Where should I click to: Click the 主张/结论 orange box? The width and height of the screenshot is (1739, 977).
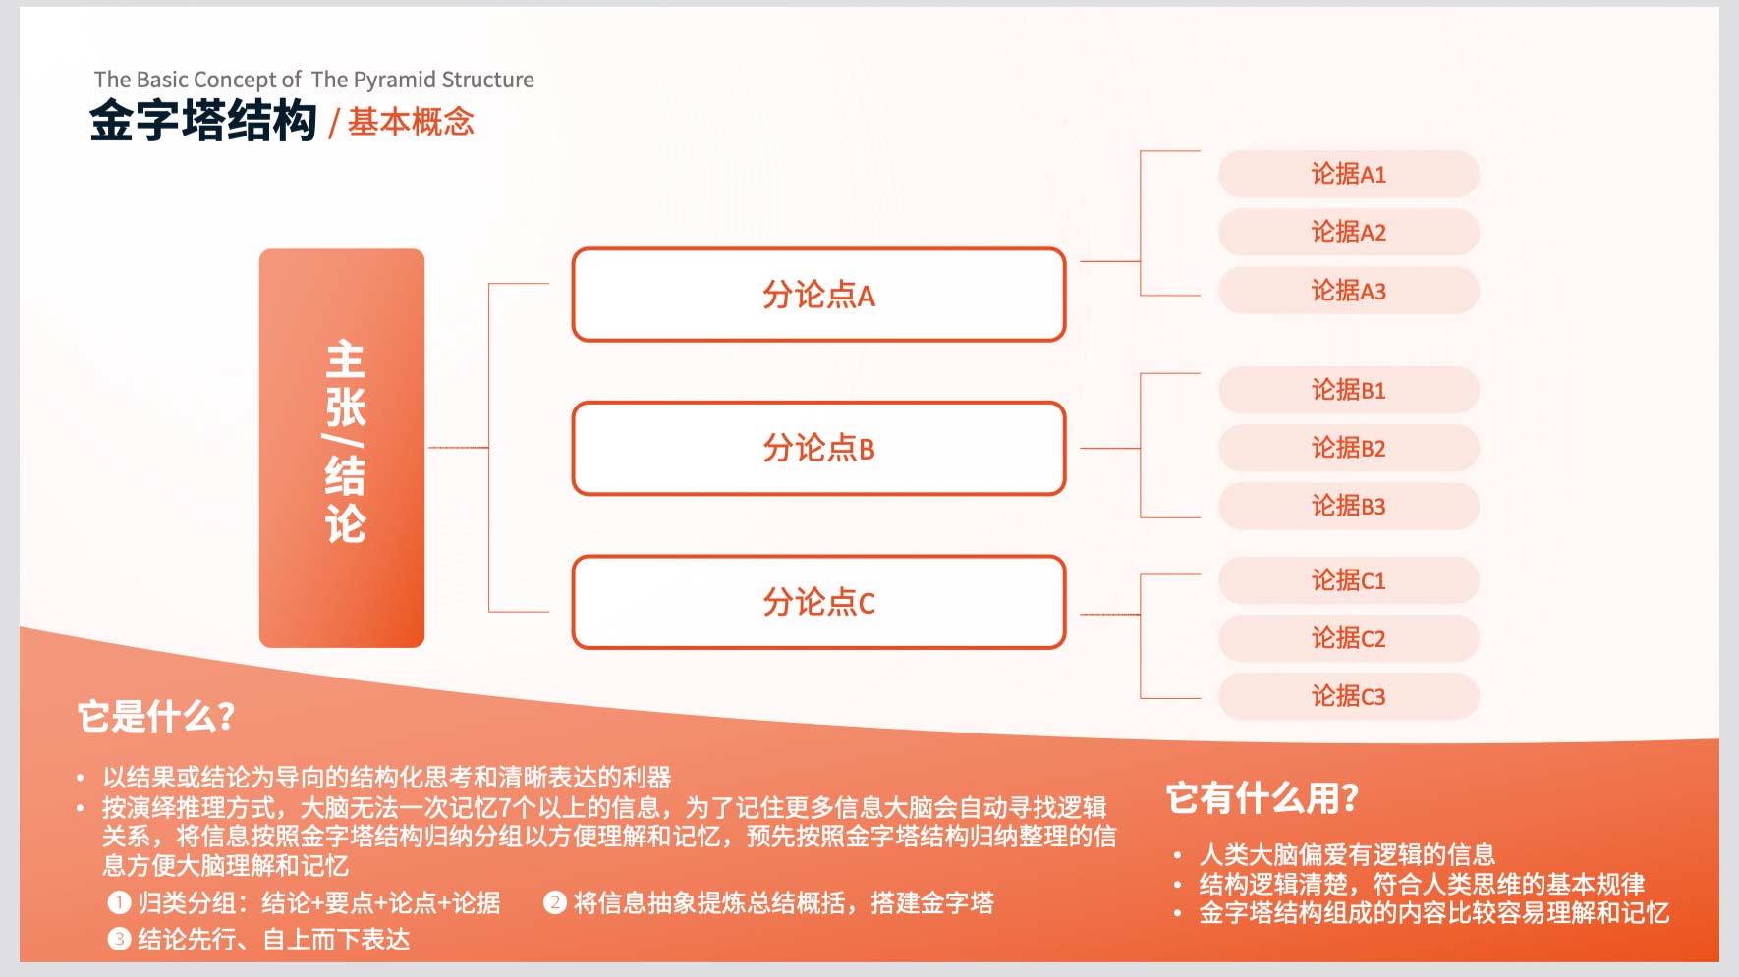pyautogui.click(x=342, y=448)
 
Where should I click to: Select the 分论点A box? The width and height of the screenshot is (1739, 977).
pyautogui.click(x=818, y=295)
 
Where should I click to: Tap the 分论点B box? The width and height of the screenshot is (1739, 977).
pyautogui.click(x=818, y=448)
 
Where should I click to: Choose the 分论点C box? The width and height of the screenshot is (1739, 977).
pyautogui.click(x=818, y=602)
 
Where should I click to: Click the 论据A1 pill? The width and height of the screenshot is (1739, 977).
pyautogui.click(x=1349, y=174)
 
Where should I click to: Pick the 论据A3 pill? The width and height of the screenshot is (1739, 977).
pyautogui.click(x=1349, y=291)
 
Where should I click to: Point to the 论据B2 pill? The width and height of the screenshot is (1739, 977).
pyautogui.click(x=1349, y=448)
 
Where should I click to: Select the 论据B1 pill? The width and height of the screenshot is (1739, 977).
pyautogui.click(x=1349, y=390)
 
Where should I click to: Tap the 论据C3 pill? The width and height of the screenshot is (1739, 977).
pyautogui.click(x=1349, y=696)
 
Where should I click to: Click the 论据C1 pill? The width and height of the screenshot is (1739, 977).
pyautogui.click(x=1349, y=580)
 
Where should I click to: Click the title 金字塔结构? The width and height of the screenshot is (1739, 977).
pyautogui.click(x=203, y=122)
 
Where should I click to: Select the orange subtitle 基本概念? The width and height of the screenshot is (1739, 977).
pyautogui.click(x=411, y=122)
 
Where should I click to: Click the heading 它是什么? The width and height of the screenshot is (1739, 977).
pyautogui.click(x=156, y=716)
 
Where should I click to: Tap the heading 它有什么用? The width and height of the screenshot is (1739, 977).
pyautogui.click(x=1262, y=798)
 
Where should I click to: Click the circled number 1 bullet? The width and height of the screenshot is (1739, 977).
pyautogui.click(x=119, y=902)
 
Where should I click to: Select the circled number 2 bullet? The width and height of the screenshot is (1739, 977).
pyautogui.click(x=555, y=902)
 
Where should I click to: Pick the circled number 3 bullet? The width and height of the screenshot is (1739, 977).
pyautogui.click(x=119, y=940)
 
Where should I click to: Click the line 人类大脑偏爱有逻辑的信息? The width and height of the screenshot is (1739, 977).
pyautogui.click(x=1347, y=854)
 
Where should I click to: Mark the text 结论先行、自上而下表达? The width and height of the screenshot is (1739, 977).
pyautogui.click(x=274, y=940)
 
